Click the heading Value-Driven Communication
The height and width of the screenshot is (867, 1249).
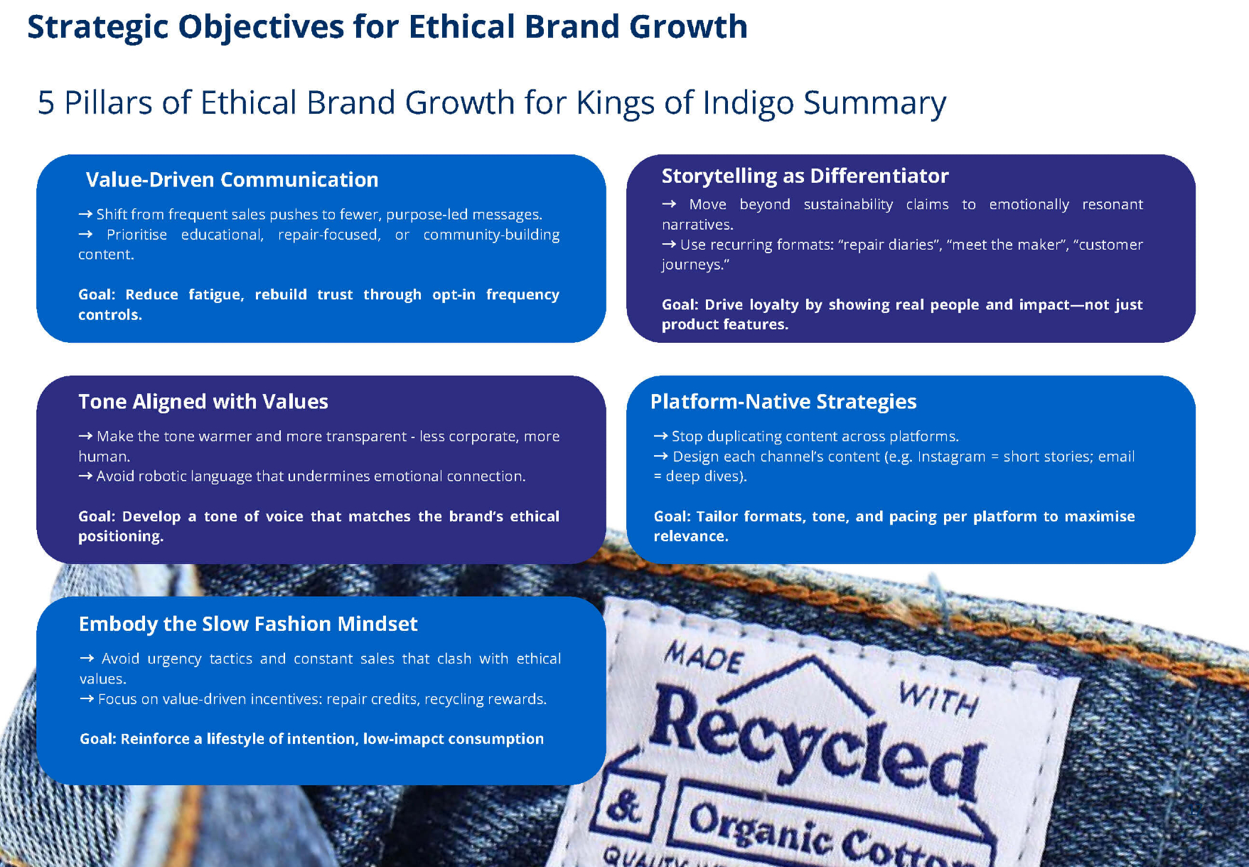pos(232,180)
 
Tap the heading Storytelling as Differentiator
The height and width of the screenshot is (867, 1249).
pos(805,176)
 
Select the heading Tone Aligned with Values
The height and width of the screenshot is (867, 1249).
pos(203,402)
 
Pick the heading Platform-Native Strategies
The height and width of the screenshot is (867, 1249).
pos(783,402)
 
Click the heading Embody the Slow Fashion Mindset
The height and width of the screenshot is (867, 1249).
pos(248,624)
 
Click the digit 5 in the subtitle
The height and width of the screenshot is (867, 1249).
pos(46,103)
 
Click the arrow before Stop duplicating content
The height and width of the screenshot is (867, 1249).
pos(660,436)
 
